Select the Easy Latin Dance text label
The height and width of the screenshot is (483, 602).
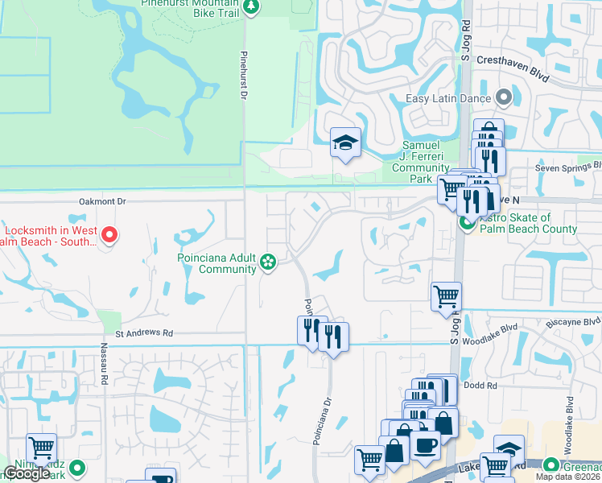pyautogui.click(x=448, y=99)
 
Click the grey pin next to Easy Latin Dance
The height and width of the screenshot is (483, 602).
pyautogui.click(x=505, y=98)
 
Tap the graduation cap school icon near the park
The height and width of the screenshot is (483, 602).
pyautogui.click(x=345, y=143)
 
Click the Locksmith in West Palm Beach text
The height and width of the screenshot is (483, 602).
pyautogui.click(x=48, y=235)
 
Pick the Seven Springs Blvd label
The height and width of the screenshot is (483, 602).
pyautogui.click(x=568, y=169)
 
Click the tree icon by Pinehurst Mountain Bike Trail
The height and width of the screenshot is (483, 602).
pyautogui.click(x=251, y=7)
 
